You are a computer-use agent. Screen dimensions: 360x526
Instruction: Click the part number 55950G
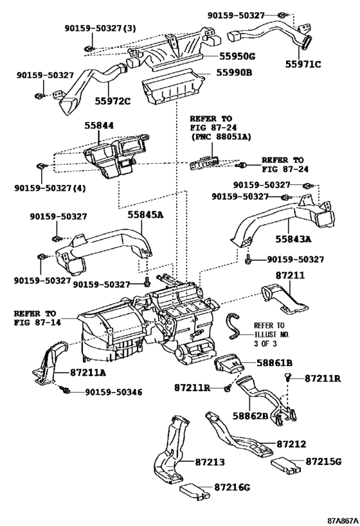click(237, 56)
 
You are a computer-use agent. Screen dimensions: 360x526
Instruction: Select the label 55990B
click(234, 73)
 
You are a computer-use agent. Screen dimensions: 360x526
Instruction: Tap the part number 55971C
click(303, 64)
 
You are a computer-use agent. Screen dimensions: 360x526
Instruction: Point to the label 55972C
click(112, 101)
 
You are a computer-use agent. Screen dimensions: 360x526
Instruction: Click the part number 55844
click(99, 125)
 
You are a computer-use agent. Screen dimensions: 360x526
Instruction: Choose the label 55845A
click(145, 215)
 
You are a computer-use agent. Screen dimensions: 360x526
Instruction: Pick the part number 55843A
click(294, 239)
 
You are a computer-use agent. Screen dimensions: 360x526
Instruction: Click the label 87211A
click(88, 372)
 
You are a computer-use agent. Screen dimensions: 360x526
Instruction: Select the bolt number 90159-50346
click(114, 392)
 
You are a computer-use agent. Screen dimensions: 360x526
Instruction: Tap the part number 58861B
click(274, 363)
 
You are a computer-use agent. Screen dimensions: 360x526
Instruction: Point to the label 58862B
click(251, 416)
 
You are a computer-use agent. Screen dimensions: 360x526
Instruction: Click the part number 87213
click(210, 462)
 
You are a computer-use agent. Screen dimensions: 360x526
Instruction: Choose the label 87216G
click(232, 487)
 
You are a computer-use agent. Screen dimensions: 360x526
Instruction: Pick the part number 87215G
click(323, 461)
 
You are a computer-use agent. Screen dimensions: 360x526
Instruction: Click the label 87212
click(291, 444)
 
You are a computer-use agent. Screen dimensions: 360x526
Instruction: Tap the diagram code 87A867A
click(343, 521)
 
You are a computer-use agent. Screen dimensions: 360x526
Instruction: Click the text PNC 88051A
click(222, 137)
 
